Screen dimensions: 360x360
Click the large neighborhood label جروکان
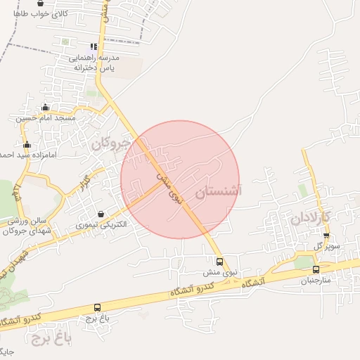coord(111,144)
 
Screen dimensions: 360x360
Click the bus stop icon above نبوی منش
coord(220,262)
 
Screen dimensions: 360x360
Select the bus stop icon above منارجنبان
coord(316,269)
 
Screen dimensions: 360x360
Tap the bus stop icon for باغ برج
coord(97,307)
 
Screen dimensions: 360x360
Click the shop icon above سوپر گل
coord(326,236)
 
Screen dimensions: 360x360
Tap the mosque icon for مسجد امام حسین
coord(46,108)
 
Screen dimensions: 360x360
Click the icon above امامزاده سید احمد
coord(27,144)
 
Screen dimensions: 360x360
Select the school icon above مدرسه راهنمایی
coord(94,46)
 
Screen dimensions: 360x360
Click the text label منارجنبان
coord(316,281)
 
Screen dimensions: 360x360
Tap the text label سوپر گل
coord(328,247)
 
